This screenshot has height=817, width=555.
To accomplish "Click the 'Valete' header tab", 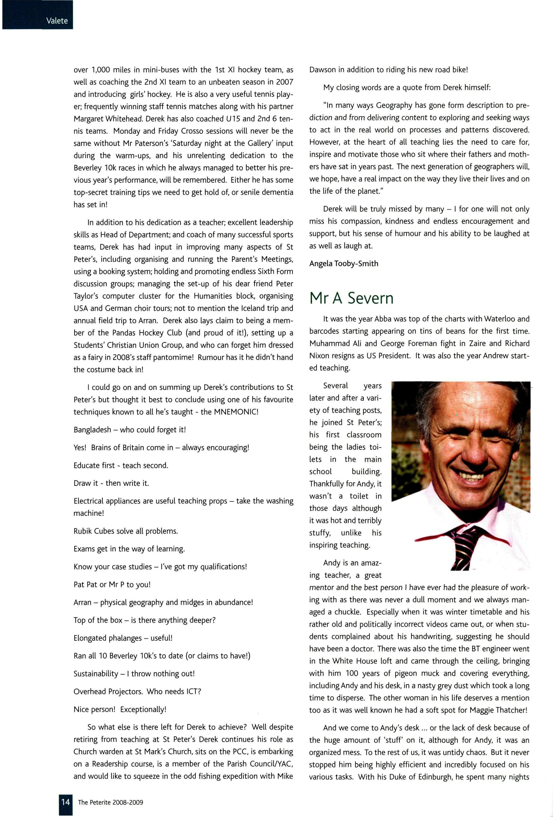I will click(57, 21).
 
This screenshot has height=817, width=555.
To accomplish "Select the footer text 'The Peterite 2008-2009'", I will click(110, 802).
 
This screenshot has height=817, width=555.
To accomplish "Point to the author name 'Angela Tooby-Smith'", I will click(344, 264).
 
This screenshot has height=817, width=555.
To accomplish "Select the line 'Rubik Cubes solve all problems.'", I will click(126, 531).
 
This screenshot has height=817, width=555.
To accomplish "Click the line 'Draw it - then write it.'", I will click(111, 483).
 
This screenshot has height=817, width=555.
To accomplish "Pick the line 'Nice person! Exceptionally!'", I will click(120, 709).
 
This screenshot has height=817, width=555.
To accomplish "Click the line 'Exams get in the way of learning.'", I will click(129, 549).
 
